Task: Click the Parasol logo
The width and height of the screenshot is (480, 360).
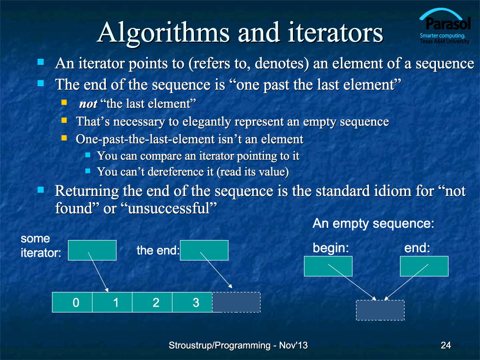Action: coord(445,26)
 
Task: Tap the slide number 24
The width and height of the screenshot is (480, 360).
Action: coord(446,345)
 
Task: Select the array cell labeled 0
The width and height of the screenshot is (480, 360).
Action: coord(72,302)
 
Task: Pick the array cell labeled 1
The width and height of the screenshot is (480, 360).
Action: coord(112,302)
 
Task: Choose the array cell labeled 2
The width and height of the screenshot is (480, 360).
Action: coord(152,302)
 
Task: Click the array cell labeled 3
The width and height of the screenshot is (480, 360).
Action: coord(192,302)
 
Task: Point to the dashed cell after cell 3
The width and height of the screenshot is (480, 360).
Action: coord(236,302)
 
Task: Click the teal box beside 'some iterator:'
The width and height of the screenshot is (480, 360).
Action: coord(92,250)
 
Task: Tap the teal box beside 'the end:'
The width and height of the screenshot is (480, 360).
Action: coord(204,250)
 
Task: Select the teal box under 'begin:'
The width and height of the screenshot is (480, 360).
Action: coord(328,266)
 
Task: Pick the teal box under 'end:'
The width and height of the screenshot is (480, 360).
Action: coord(424,266)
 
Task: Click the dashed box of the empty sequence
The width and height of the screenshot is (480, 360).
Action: coord(380,310)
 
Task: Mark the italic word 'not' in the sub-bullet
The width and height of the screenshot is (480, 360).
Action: coord(88,104)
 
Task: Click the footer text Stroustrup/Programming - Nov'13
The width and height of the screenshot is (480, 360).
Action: coord(238,345)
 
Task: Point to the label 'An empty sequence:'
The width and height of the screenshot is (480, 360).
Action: coord(373,223)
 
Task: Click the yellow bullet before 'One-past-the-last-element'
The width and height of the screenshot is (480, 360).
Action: coord(64,138)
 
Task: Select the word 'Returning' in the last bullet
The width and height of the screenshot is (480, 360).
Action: coord(87,192)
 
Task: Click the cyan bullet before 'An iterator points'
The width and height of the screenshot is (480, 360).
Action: coord(41,62)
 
